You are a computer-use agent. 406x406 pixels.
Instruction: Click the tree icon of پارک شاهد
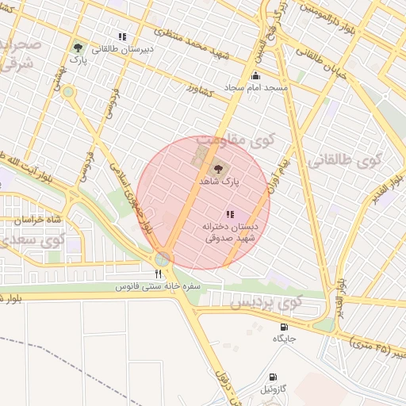pyautogui.click(x=218, y=168)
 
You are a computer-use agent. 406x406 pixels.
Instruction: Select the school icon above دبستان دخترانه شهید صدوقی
pyautogui.click(x=229, y=214)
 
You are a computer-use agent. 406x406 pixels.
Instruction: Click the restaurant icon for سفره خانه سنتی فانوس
pyautogui.click(x=159, y=274)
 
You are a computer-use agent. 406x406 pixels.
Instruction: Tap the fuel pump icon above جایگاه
pyautogui.click(x=284, y=327)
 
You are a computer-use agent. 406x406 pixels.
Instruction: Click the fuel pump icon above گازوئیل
pyautogui.click(x=273, y=377)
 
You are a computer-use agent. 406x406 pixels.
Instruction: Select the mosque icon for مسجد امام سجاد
pyautogui.click(x=255, y=76)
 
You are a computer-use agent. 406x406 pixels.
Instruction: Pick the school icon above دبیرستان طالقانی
pyautogui.click(x=122, y=36)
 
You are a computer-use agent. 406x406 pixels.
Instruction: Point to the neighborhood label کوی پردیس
pyautogui.click(x=266, y=302)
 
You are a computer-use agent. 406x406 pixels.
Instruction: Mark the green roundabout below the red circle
pyautogui.click(x=163, y=259)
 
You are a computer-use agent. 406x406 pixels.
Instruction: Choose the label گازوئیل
pyautogui.click(x=274, y=389)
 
